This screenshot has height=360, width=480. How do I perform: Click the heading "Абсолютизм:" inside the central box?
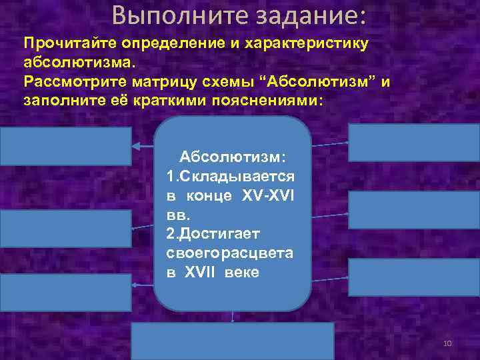pyautogui.click(x=233, y=155)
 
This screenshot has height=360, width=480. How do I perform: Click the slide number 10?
pyautogui.click(x=447, y=343)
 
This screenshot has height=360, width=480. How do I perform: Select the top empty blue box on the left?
pyautogui.click(x=66, y=146)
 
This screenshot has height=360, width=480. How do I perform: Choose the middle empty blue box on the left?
pyautogui.click(x=66, y=228)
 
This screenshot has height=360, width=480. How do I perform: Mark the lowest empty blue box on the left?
pyautogui.click(x=66, y=293)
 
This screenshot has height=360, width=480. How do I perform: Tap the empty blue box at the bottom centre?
pyautogui.click(x=232, y=341)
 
